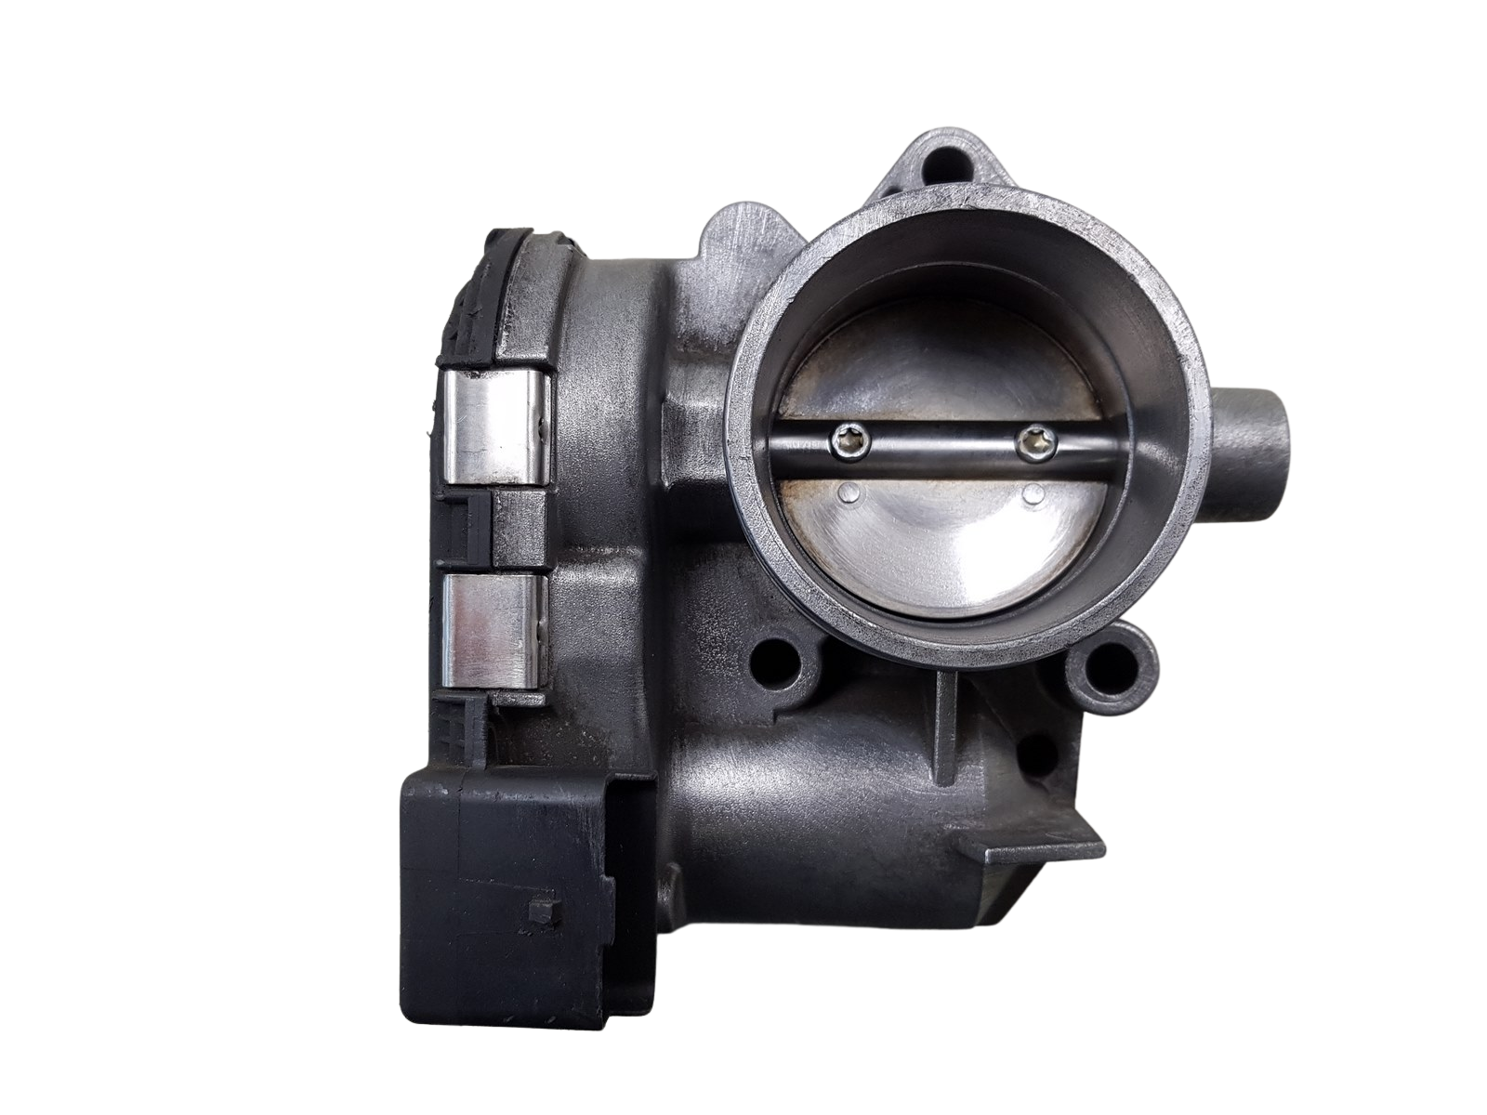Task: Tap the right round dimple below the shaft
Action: coord(1030,494)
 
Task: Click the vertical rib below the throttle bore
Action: coord(947,743)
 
